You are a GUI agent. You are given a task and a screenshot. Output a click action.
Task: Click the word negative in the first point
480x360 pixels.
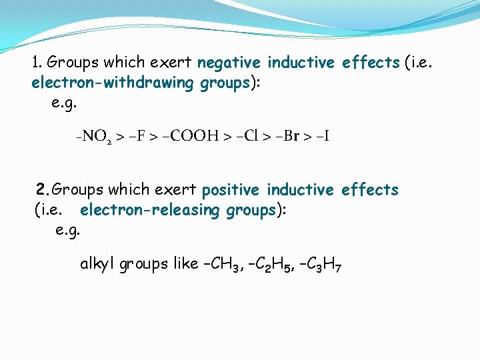pyautogui.click(x=229, y=63)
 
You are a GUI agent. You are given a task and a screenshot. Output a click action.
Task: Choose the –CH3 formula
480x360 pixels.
pyautogui.click(x=216, y=265)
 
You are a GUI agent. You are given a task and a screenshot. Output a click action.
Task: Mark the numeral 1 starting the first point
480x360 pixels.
pyautogui.click(x=36, y=63)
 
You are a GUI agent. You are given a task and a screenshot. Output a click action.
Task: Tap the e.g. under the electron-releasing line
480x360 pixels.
pyautogui.click(x=69, y=231)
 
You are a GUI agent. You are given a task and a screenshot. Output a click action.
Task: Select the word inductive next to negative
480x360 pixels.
pyautogui.click(x=301, y=63)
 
